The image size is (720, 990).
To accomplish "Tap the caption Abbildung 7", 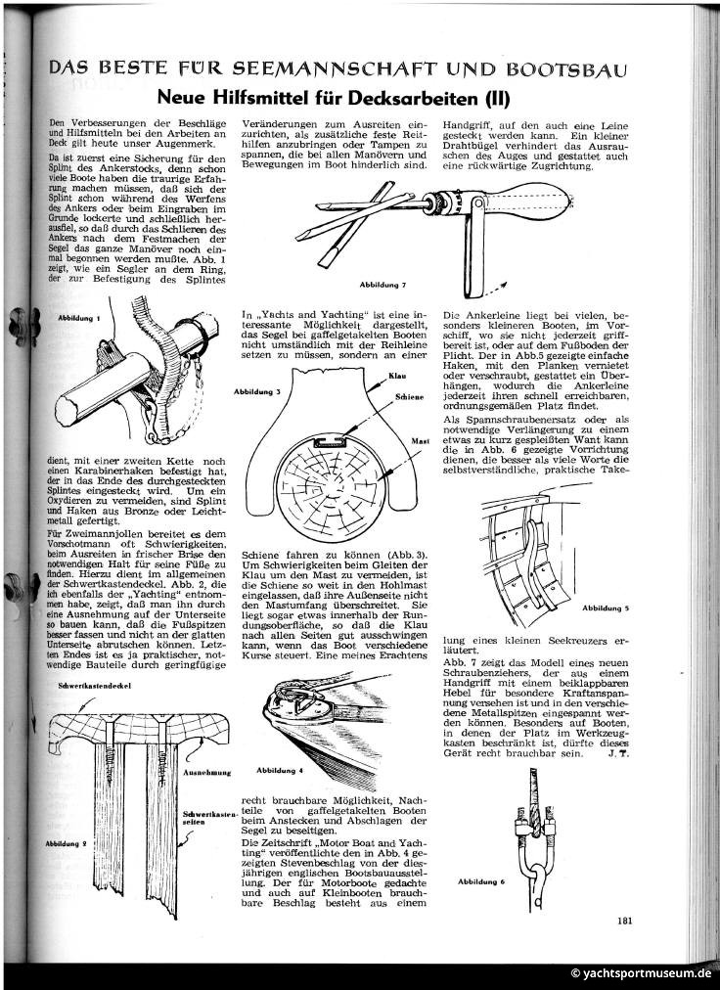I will pos(382,285).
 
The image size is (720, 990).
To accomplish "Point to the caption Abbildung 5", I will pos(605,608).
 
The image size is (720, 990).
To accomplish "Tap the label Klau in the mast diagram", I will pos(398,377).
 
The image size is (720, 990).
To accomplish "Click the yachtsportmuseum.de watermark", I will pos(641,974).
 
